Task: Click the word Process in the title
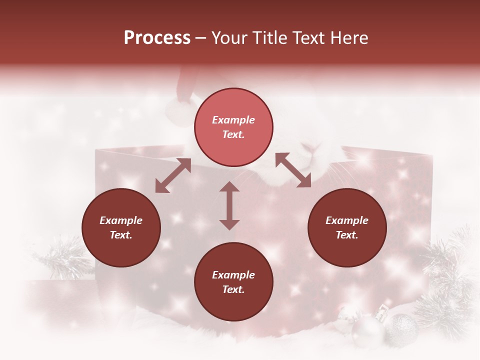click(x=157, y=38)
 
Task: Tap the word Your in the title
click(x=229, y=38)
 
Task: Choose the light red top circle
click(x=233, y=127)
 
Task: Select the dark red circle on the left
click(x=121, y=227)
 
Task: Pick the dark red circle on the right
click(x=347, y=227)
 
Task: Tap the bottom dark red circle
click(x=233, y=281)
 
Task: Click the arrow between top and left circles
click(x=173, y=175)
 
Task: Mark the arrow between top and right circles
click(x=293, y=170)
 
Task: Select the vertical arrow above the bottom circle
click(x=229, y=205)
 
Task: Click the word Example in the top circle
click(x=233, y=120)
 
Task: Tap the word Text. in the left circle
click(x=121, y=235)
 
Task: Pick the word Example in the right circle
click(x=347, y=220)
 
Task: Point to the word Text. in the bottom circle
click(x=233, y=289)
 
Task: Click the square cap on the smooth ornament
click(x=381, y=314)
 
